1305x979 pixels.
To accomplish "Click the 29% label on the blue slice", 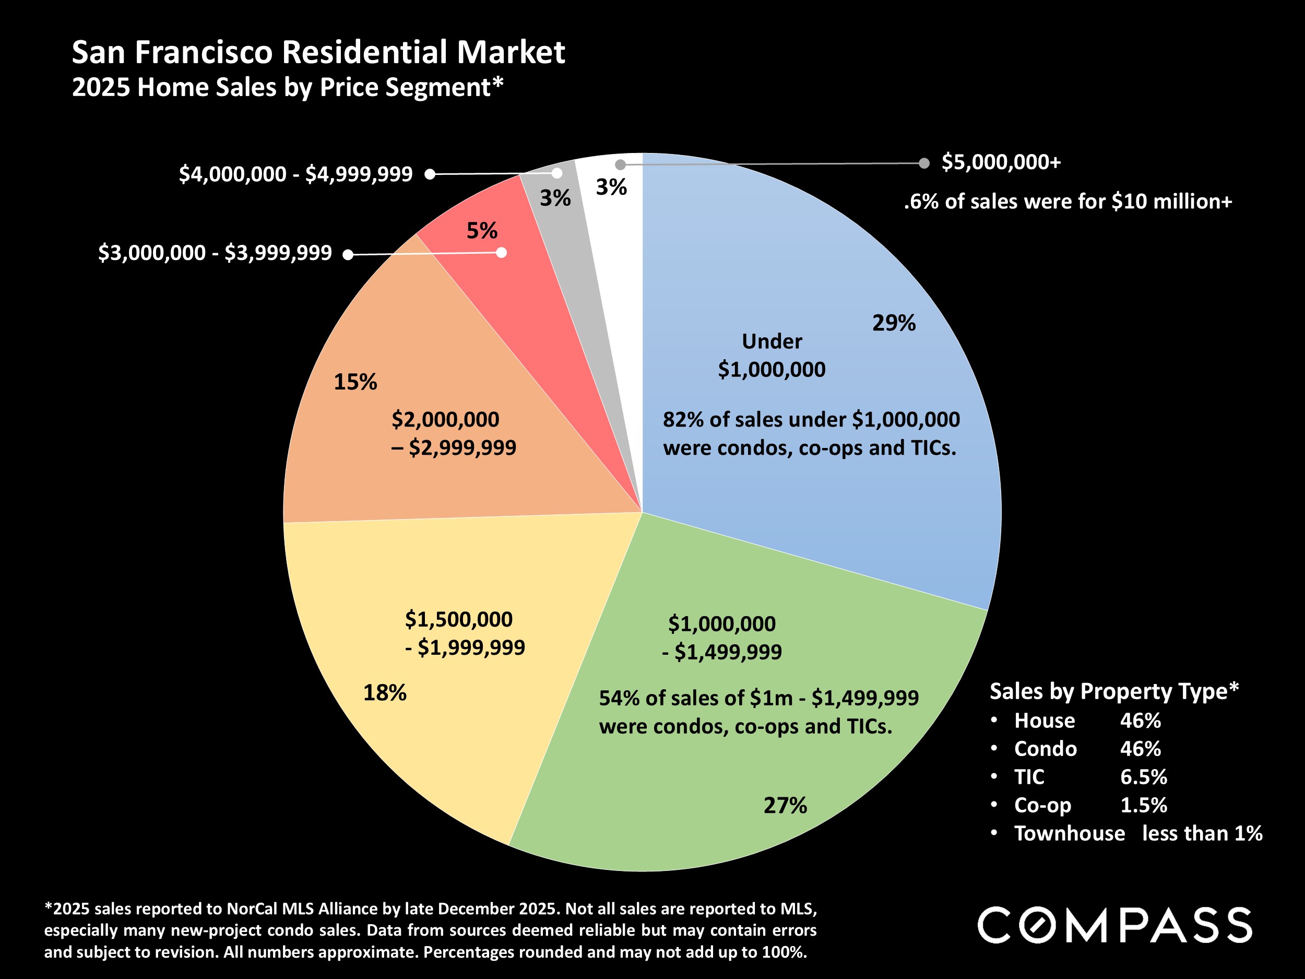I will (x=893, y=323).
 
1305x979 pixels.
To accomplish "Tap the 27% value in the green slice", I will (x=785, y=805).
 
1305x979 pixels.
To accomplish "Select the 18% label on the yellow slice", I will (x=384, y=692).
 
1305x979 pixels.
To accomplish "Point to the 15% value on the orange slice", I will (x=354, y=382).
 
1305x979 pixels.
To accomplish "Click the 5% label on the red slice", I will (x=481, y=230).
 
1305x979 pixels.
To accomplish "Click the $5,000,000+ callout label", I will (x=1001, y=162).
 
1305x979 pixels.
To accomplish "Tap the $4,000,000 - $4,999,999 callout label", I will (x=295, y=174).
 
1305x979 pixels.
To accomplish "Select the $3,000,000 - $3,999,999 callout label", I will (x=215, y=253).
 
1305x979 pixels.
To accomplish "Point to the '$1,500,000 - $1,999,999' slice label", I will (x=464, y=633).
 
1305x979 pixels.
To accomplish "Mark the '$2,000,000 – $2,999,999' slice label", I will (x=453, y=433).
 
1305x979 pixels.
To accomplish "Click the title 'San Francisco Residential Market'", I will (x=318, y=52).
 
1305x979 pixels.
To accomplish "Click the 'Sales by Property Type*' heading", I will (x=1114, y=691).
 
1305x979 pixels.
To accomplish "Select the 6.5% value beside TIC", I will (x=1143, y=776).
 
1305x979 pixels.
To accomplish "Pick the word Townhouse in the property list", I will (x=1069, y=833).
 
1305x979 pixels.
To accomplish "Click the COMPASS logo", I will (x=1114, y=925).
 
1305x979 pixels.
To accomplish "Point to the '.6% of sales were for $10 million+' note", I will (x=1068, y=202).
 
